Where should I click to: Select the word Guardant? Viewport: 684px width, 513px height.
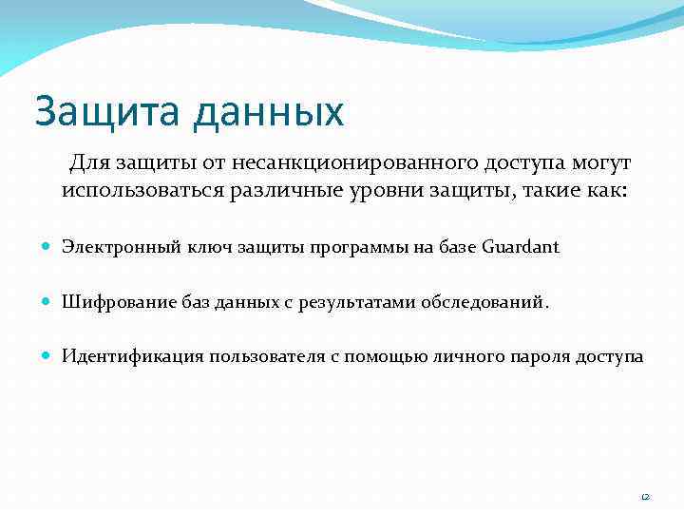(x=521, y=247)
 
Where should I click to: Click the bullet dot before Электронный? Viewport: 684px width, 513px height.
(x=47, y=247)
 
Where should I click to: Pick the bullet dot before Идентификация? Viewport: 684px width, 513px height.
(x=47, y=357)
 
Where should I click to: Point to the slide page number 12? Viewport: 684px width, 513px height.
(x=644, y=496)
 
